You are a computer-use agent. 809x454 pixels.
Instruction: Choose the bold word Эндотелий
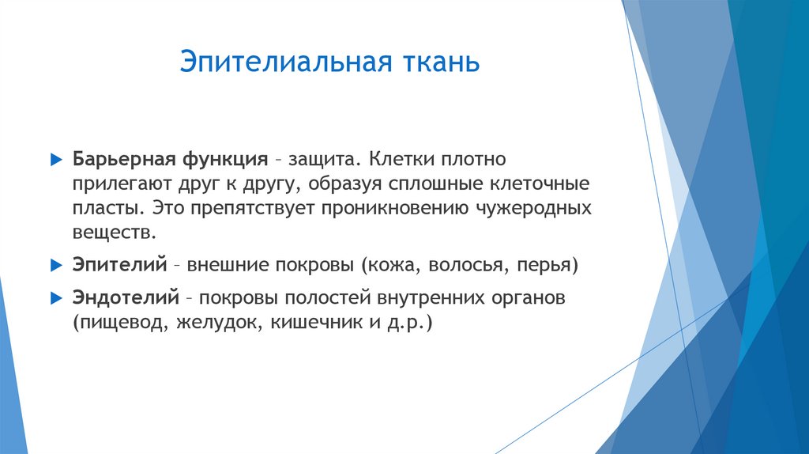tap(125, 299)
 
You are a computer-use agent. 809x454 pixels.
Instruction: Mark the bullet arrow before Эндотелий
tap(55, 299)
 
